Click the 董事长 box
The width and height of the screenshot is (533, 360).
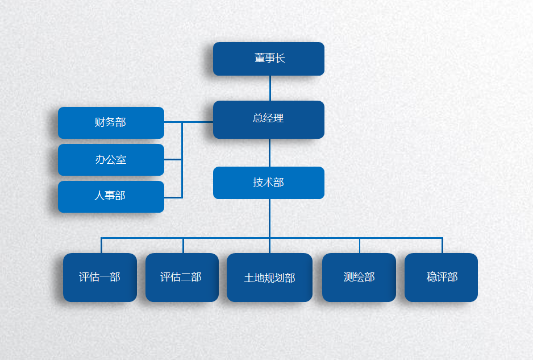point(268,59)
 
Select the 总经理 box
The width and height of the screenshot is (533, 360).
point(268,119)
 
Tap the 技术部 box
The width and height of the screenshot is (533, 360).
point(268,183)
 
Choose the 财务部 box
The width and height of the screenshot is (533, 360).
point(111,122)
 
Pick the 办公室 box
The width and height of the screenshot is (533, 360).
point(111,160)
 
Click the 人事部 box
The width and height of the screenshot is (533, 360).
point(111,196)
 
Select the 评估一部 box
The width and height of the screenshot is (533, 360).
point(100,277)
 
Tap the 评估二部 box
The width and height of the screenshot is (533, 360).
point(181,277)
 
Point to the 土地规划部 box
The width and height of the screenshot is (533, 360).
point(269,278)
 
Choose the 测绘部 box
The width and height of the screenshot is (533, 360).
point(359,277)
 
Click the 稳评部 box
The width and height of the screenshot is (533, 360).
point(441,277)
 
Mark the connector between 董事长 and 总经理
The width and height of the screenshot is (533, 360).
point(270,88)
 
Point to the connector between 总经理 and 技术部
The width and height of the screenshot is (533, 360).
point(269,152)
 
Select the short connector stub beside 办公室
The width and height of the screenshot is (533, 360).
point(173,160)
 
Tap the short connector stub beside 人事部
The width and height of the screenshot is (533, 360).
point(173,197)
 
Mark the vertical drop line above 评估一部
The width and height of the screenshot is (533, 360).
point(101,245)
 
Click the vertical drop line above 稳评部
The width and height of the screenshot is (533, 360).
point(442,245)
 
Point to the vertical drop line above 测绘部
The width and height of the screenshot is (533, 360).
point(359,245)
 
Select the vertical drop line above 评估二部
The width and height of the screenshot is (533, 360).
point(183,245)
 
